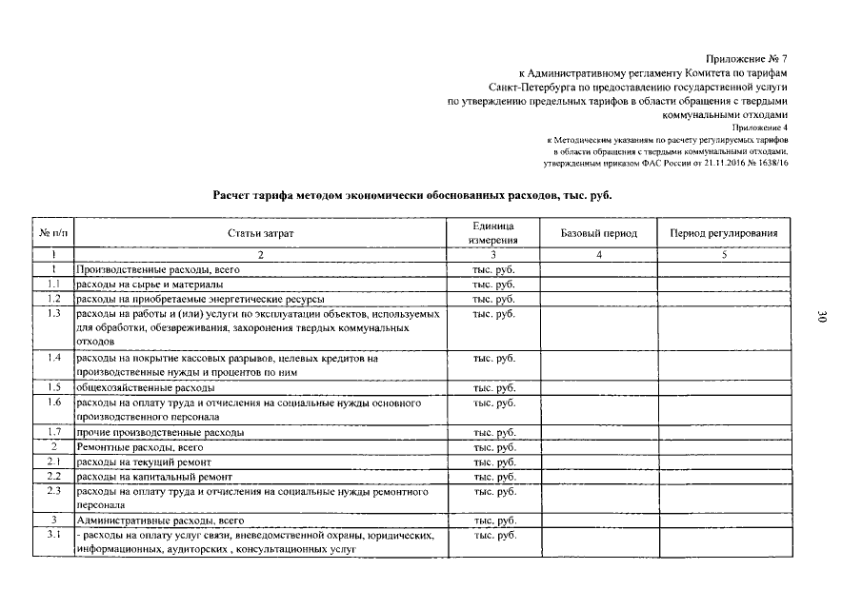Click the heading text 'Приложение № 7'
[748, 59]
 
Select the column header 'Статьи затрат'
[261, 233]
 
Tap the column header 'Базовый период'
[599, 233]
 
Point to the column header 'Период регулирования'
[723, 233]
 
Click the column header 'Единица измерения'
[492, 233]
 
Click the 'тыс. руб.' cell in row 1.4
[492, 358]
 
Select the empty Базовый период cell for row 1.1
[599, 284]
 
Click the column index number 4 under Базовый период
[599, 254]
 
